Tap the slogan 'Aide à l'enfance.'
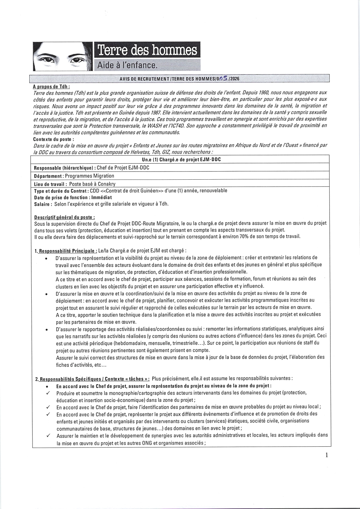127,66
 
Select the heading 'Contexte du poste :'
54,139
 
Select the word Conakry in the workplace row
107,184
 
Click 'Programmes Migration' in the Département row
89,176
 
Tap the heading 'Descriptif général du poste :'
64,217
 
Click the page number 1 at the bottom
327,455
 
